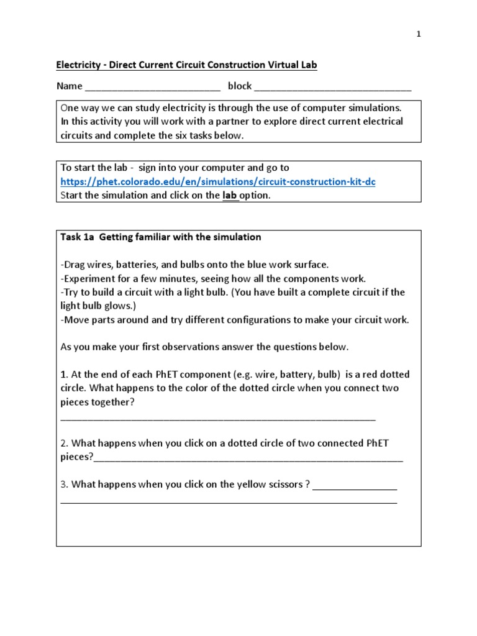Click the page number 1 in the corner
(419, 35)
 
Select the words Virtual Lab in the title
(291, 65)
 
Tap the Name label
(69, 86)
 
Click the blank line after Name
(152, 88)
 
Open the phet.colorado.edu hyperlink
(218, 181)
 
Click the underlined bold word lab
(230, 195)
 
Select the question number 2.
(63, 443)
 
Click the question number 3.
(63, 484)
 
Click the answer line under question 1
(217, 418)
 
